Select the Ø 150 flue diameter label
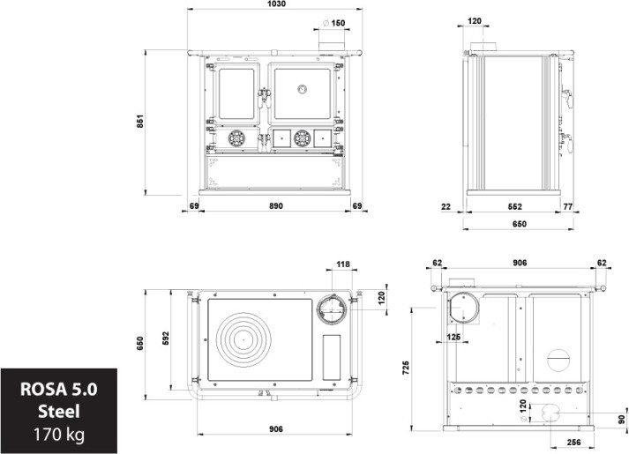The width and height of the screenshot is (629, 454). pyautogui.click(x=334, y=22)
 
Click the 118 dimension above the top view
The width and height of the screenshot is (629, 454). pyautogui.click(x=343, y=264)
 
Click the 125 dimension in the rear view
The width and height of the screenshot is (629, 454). pyautogui.click(x=453, y=336)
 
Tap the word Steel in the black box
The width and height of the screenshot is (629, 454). pyautogui.click(x=59, y=411)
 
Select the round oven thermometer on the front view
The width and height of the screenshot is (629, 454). pyautogui.click(x=302, y=88)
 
